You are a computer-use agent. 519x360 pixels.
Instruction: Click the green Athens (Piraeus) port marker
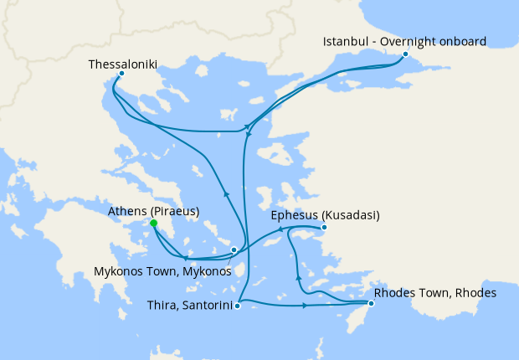click(x=154, y=224)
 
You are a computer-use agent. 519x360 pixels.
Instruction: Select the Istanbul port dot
click(x=405, y=54)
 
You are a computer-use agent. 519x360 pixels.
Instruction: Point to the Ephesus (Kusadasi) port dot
click(x=324, y=227)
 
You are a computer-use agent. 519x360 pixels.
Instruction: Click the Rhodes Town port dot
click(x=371, y=303)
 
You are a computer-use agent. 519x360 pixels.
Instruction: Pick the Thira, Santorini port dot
click(x=238, y=306)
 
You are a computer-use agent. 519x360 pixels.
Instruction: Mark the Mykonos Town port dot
click(x=234, y=249)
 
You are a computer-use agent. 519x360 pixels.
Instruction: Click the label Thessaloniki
click(x=122, y=63)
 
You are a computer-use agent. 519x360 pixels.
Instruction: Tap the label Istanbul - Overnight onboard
click(x=405, y=41)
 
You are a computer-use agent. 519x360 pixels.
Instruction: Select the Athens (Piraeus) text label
click(x=154, y=211)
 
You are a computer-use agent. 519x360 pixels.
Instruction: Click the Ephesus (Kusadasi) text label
click(x=326, y=215)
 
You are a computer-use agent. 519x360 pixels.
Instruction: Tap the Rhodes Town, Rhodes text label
click(x=435, y=293)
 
